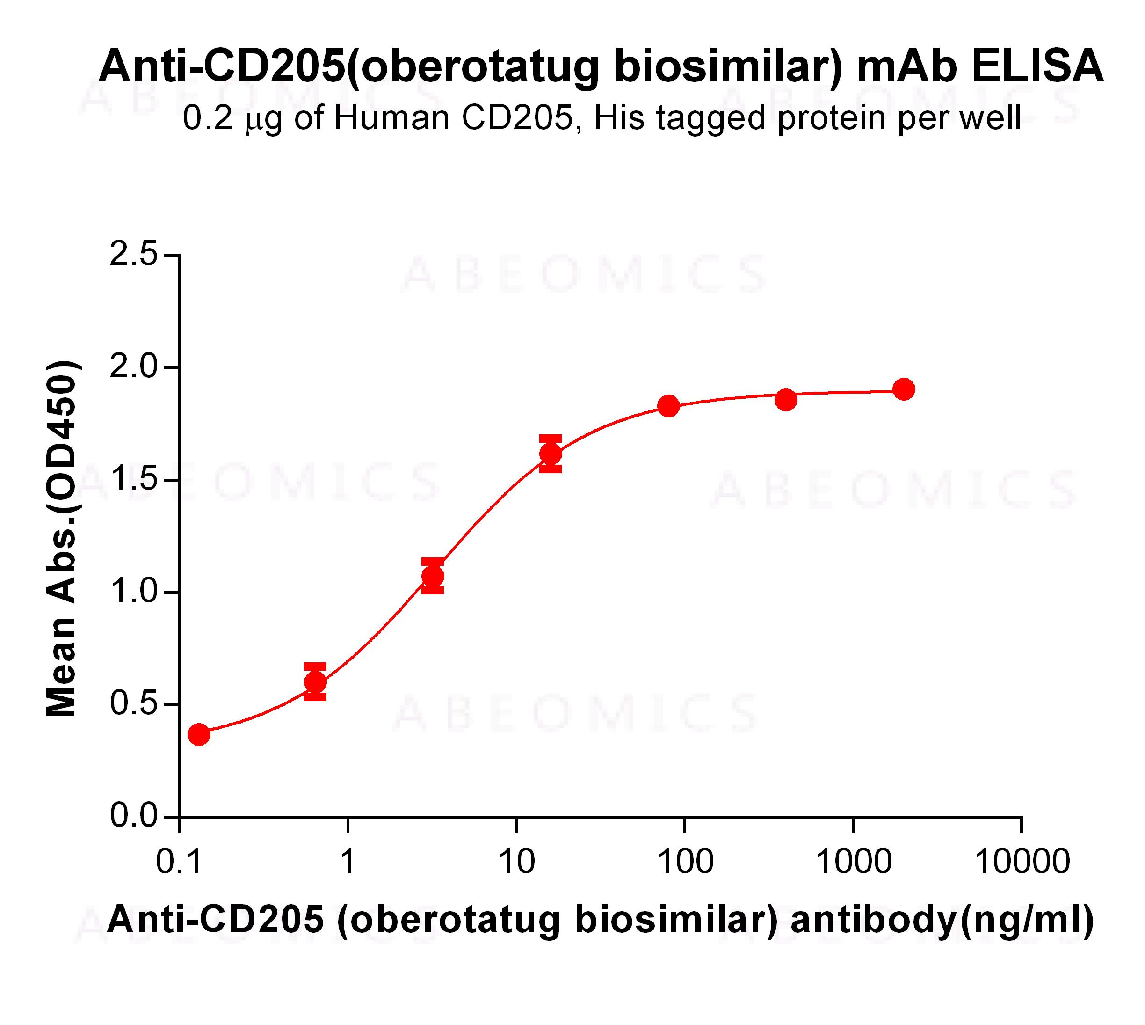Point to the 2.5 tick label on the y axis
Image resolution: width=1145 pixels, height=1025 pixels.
pos(133,255)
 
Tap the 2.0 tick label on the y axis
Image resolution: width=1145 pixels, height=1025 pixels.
pos(133,367)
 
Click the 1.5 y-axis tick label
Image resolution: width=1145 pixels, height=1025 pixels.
pos(133,480)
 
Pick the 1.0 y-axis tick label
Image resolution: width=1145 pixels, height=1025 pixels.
pos(133,592)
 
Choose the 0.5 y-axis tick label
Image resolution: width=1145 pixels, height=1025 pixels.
pos(133,704)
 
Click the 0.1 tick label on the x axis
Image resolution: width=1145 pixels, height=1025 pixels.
pos(179,862)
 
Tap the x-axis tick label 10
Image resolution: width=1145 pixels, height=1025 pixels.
pos(516,862)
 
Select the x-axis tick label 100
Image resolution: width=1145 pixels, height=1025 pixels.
pos(685,862)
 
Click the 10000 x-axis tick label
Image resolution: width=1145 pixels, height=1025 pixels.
pos(1022,862)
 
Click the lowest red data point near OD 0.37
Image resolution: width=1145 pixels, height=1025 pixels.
pos(199,734)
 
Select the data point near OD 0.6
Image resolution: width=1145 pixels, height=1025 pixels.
pos(315,682)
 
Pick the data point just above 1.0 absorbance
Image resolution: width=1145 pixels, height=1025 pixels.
pos(432,576)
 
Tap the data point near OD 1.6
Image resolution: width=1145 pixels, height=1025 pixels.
pos(551,454)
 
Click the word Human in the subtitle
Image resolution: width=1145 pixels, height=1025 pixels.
pos(392,119)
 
